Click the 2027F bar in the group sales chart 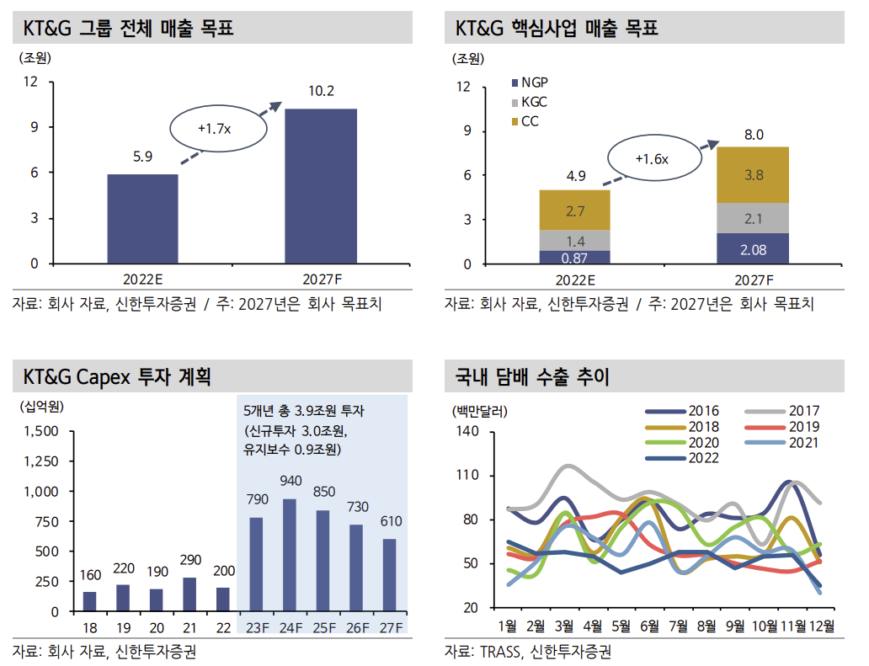pyautogui.click(x=321, y=185)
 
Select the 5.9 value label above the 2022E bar pyautogui.click(x=142, y=156)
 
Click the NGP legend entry pyautogui.click(x=530, y=83)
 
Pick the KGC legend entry pyautogui.click(x=530, y=102)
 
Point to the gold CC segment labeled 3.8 pyautogui.click(x=754, y=175)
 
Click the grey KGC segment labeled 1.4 pyautogui.click(x=575, y=241)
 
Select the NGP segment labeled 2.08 pyautogui.click(x=754, y=249)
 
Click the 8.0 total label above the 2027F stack pyautogui.click(x=754, y=135)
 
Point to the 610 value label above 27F pyautogui.click(x=391, y=522)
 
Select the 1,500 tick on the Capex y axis pyautogui.click(x=41, y=431)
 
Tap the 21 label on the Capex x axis pyautogui.click(x=190, y=627)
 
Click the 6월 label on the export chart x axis pyautogui.click(x=649, y=626)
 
